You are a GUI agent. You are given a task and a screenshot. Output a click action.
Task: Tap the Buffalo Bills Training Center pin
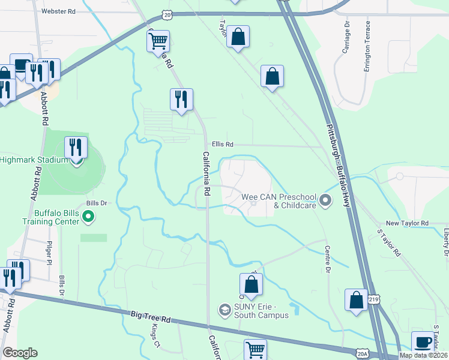[88, 217]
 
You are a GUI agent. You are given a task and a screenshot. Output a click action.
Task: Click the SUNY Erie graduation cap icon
[224, 310]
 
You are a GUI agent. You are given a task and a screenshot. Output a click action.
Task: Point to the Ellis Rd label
[222, 145]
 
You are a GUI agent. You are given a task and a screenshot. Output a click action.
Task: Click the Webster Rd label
[59, 11]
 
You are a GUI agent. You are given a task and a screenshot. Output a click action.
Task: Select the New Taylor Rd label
[407, 223]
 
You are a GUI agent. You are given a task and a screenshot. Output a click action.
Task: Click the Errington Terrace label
[367, 46]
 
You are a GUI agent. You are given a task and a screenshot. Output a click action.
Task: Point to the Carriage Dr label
[346, 37]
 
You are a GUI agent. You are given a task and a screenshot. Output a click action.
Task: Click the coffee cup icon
[423, 341]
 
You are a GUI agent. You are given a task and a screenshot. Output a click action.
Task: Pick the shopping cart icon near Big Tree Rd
[255, 349]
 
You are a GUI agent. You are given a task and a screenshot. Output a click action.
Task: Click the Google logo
[20, 353]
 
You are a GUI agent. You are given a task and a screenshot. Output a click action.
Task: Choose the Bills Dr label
[96, 203]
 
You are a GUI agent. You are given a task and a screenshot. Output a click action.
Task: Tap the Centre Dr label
[328, 259]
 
